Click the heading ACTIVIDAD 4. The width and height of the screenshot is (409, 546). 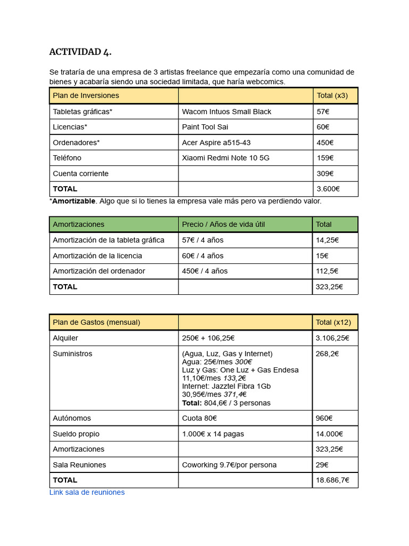tap(80, 52)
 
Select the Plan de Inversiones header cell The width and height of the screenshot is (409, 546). tap(86, 95)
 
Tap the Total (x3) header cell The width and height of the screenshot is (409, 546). tap(332, 95)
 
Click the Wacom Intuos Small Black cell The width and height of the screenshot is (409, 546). tap(226, 111)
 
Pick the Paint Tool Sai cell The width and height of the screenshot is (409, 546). tap(205, 127)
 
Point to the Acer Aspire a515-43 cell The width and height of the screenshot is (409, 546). tap(216, 142)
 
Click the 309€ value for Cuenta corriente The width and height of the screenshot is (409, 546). tap(324, 173)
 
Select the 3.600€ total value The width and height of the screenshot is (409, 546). tap(328, 189)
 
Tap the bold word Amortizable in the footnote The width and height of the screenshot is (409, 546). tap(73, 201)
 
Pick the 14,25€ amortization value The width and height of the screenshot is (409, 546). tap(327, 240)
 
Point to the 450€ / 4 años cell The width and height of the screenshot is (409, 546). tap(204, 271)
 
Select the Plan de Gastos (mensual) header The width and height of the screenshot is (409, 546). tap(96, 322)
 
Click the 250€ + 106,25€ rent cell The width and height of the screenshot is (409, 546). tap(208, 338)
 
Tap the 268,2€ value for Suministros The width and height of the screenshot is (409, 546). tap(327, 354)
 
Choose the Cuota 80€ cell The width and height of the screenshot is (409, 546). tap(199, 418)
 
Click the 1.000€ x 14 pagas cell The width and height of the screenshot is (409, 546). tap(213, 433)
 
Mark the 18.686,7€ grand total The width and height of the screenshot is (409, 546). tap(332, 480)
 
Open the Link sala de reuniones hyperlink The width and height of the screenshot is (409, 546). tap(87, 492)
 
